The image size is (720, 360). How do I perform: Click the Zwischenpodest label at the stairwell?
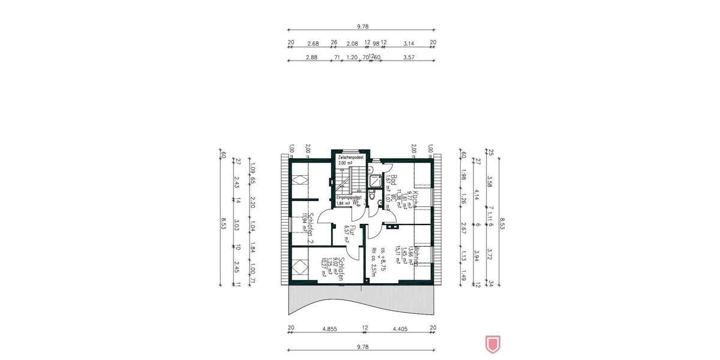tap(351, 157)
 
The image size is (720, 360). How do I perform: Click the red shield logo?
tap(492, 344)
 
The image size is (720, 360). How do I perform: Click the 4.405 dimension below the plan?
tap(400, 328)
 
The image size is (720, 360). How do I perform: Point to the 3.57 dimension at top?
tap(409, 58)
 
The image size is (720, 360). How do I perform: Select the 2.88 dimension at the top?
tap(312, 58)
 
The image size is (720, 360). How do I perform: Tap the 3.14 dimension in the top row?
tap(409, 43)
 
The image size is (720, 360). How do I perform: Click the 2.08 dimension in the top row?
tap(353, 43)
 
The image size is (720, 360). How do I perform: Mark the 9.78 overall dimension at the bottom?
tap(362, 347)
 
